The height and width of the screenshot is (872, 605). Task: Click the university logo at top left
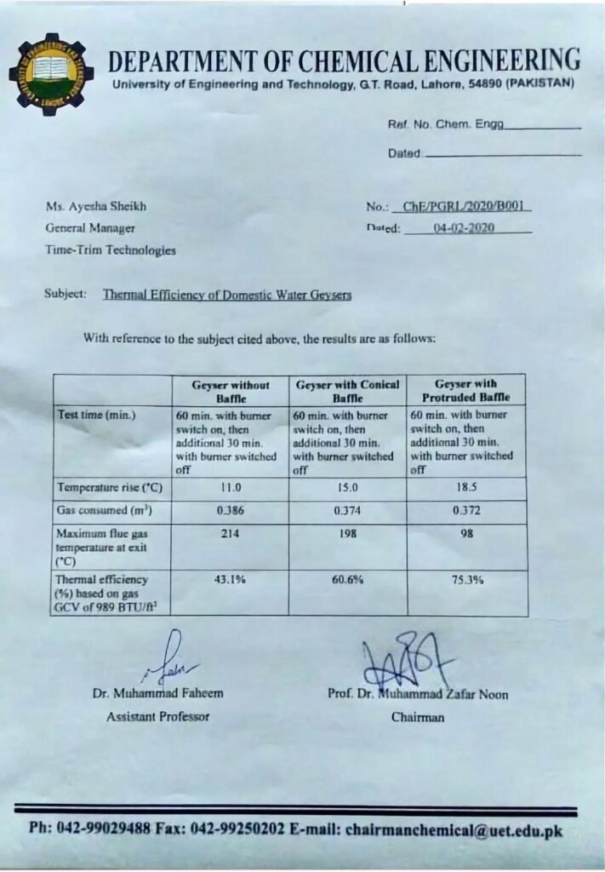click(50, 74)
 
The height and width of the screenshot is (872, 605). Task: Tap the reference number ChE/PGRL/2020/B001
click(461, 207)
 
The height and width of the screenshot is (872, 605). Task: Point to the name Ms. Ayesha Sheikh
click(89, 207)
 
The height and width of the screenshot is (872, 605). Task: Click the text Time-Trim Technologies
click(111, 250)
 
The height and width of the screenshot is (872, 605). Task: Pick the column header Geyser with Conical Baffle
click(347, 391)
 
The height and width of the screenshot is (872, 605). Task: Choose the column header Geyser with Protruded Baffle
click(465, 391)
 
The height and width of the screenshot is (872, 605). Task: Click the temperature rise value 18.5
click(465, 488)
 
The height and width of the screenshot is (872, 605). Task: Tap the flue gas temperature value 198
click(347, 533)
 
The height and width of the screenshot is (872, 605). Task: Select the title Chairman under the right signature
click(417, 717)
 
